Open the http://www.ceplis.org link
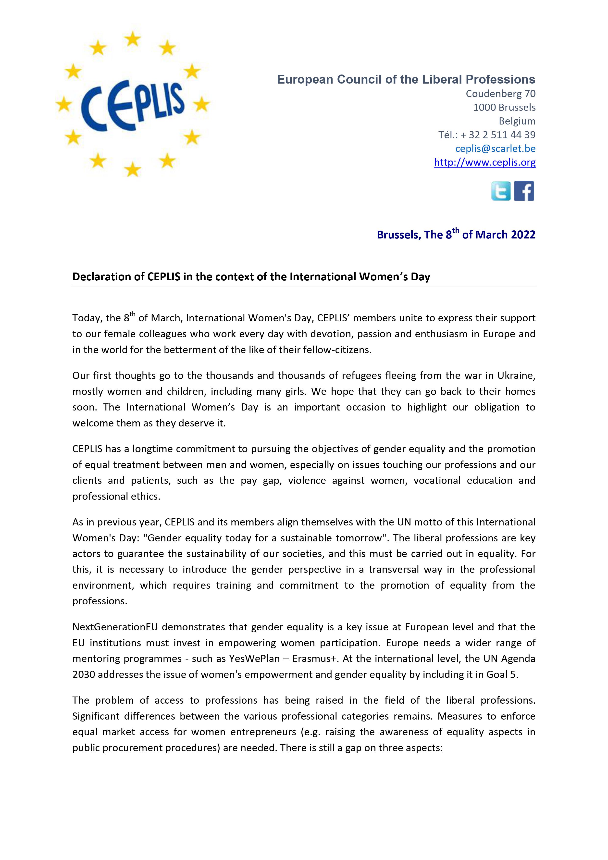484,162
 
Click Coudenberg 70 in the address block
500,94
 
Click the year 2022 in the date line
523,235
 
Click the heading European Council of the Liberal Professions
406,79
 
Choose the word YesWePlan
254,659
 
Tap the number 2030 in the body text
83,674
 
